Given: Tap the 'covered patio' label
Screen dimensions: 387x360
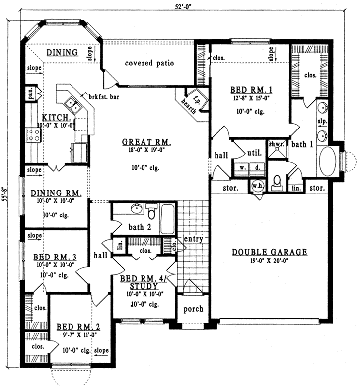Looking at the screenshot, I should coord(149,63).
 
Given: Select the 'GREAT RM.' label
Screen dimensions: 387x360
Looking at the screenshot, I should coord(146,143).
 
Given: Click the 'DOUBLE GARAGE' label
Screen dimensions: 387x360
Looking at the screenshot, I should coord(270,252).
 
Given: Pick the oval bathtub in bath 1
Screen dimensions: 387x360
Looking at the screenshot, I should coord(327,161).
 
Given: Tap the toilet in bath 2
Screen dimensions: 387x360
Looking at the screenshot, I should coord(152,212).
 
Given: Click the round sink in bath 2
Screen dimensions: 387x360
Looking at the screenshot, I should coord(135,209).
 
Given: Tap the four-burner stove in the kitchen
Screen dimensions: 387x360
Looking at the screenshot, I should coord(33,135).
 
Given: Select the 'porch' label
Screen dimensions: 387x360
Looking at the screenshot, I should coord(193,309).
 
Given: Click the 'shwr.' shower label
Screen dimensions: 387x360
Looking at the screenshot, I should coord(275,144).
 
